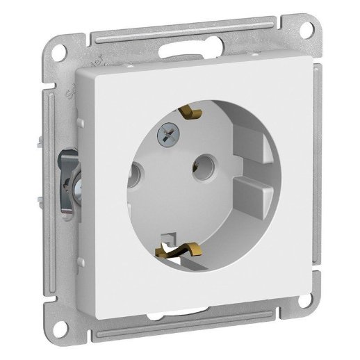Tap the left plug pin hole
point(133,170)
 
